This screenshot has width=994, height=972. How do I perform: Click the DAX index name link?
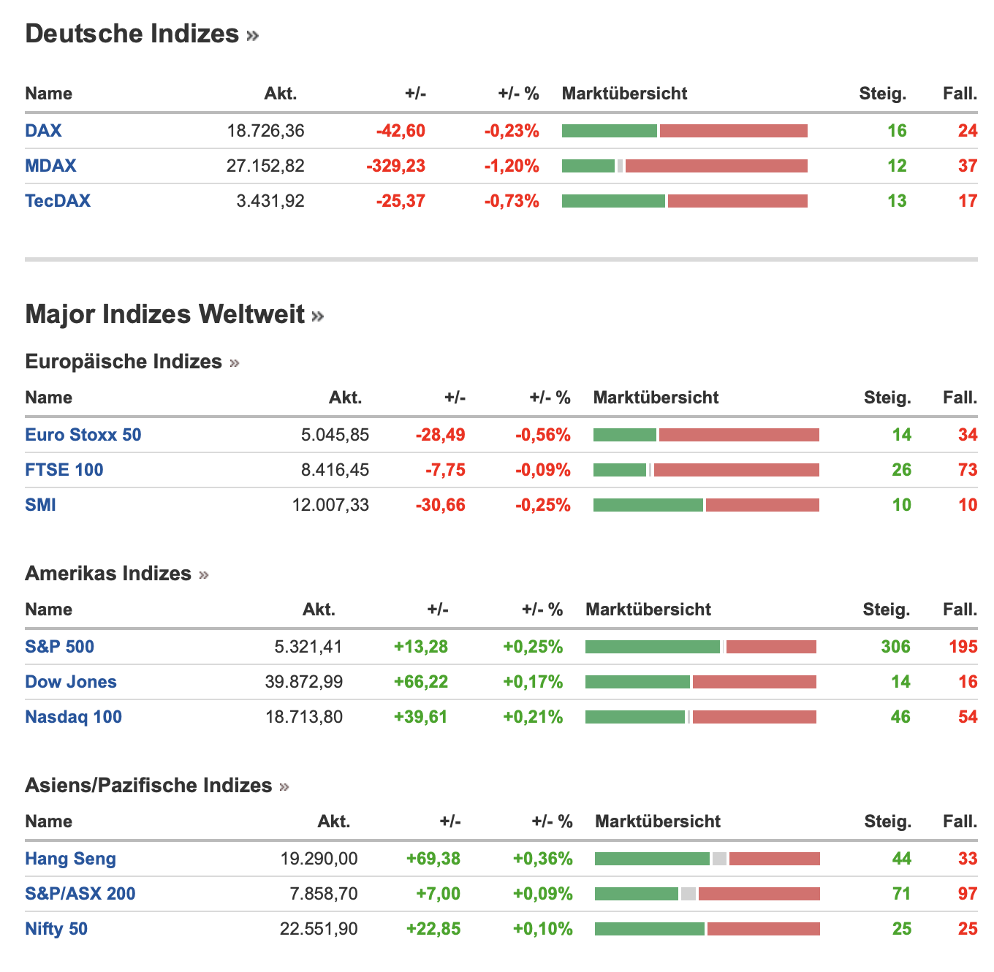[x=43, y=131]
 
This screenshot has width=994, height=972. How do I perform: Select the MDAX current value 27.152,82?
[x=265, y=166]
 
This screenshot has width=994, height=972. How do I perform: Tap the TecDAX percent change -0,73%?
[x=512, y=201]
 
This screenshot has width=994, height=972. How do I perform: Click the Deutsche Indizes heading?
[x=132, y=34]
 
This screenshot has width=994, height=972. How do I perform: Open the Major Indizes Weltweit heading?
[x=165, y=314]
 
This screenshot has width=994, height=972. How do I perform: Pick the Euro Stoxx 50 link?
[x=83, y=435]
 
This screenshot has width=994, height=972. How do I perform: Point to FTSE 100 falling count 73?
[x=968, y=470]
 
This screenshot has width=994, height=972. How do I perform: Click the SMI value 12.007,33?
[x=330, y=505]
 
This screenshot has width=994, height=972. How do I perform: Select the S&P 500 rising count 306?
[x=895, y=647]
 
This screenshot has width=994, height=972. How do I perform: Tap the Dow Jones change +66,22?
[x=421, y=682]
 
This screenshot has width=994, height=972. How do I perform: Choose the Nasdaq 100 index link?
[x=73, y=717]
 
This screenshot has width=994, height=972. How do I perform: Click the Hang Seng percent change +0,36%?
[x=543, y=859]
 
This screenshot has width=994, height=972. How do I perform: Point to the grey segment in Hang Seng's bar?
[x=719, y=859]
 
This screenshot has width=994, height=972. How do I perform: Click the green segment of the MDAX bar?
[x=588, y=166]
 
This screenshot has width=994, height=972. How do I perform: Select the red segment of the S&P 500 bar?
[x=771, y=647]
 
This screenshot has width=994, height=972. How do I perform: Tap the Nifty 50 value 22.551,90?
[x=319, y=929]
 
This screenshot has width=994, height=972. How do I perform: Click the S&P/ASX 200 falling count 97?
[x=968, y=894]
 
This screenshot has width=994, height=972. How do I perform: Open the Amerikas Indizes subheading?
[x=108, y=574]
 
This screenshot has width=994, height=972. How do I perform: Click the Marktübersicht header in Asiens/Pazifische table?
[x=658, y=821]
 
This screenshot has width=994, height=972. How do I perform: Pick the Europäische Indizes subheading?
[x=124, y=362]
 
